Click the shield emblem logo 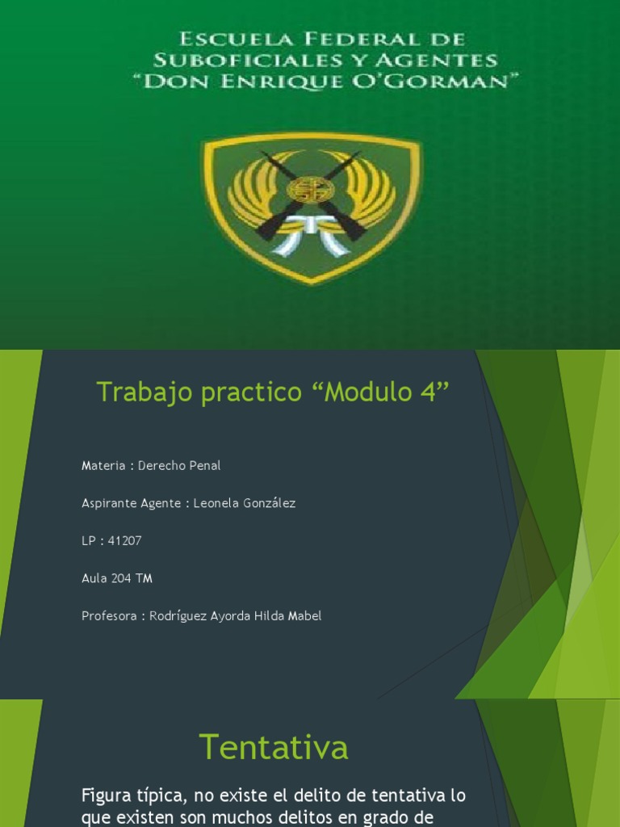(x=311, y=208)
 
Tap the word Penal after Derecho (x=204, y=466)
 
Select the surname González (x=266, y=503)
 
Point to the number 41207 (x=124, y=541)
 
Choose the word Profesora (x=108, y=616)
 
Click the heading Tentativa (x=274, y=747)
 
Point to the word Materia (x=103, y=466)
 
